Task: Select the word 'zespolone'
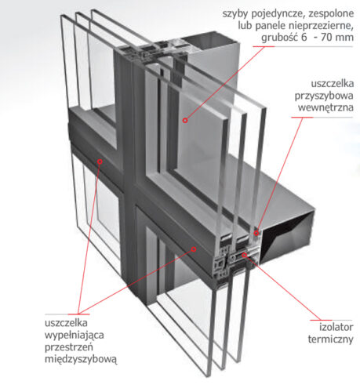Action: tap(331, 13)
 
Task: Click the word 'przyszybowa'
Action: tap(324, 96)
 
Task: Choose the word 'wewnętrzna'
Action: tap(325, 107)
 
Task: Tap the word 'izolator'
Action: tap(336, 327)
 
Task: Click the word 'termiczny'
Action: tap(331, 339)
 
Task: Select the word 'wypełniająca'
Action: tap(75, 336)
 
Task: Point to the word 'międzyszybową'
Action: tap(81, 359)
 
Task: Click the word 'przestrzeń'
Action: tap(69, 347)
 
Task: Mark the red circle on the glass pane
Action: tap(185, 121)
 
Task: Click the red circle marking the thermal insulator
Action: tap(245, 255)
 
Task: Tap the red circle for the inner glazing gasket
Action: tap(256, 233)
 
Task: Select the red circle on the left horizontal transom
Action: tap(100, 162)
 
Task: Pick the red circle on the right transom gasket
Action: tap(194, 249)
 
